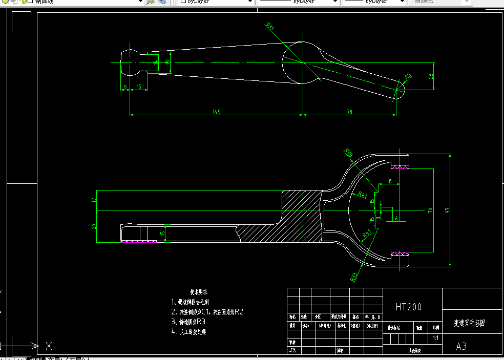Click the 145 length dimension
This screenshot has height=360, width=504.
click(216, 112)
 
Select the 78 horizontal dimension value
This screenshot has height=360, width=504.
click(350, 112)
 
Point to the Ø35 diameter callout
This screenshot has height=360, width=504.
click(270, 27)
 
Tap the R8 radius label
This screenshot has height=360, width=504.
click(408, 76)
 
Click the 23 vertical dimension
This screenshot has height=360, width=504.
click(431, 76)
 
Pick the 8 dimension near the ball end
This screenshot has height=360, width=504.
click(125, 87)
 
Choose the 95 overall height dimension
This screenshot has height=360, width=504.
click(447, 210)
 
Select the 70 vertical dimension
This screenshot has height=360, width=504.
click(430, 210)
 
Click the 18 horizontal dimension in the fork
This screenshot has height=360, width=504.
click(389, 181)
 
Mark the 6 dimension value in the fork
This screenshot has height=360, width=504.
click(396, 218)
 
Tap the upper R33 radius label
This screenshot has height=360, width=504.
click(348, 153)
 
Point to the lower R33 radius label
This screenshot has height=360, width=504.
click(354, 277)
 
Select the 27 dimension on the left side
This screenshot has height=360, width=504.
click(94, 226)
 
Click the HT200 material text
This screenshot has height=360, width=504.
click(409, 307)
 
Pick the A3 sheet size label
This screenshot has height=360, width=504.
click(461, 346)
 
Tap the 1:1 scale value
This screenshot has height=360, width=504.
click(435, 338)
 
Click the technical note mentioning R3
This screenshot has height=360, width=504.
click(188, 322)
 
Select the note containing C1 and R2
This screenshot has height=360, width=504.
click(207, 311)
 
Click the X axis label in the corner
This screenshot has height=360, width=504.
click(49, 346)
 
